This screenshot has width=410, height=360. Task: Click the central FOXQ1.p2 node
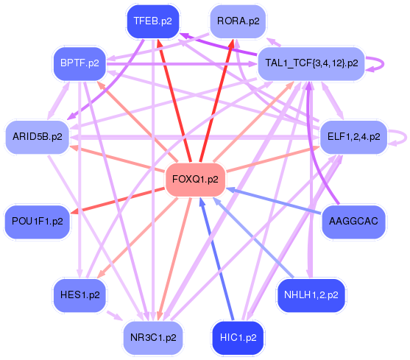[x=195, y=179]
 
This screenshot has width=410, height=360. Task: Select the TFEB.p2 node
[x=153, y=21]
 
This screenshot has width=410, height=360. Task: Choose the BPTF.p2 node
[x=80, y=63]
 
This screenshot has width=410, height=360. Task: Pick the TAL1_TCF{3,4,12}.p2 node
[x=311, y=63]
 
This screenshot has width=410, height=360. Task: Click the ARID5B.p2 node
[x=37, y=137]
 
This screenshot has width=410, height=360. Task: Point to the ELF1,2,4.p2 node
[x=355, y=137]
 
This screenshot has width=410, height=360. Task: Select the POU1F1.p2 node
[x=37, y=220]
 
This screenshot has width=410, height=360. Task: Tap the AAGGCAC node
[x=355, y=220]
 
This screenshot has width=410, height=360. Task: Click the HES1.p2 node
[x=80, y=294]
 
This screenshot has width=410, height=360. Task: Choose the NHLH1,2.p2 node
[x=311, y=294]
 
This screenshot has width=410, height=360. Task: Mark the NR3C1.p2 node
[x=153, y=338]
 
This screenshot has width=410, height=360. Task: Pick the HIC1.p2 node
[x=238, y=338]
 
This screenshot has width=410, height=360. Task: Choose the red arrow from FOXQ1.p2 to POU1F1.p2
[x=118, y=200]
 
